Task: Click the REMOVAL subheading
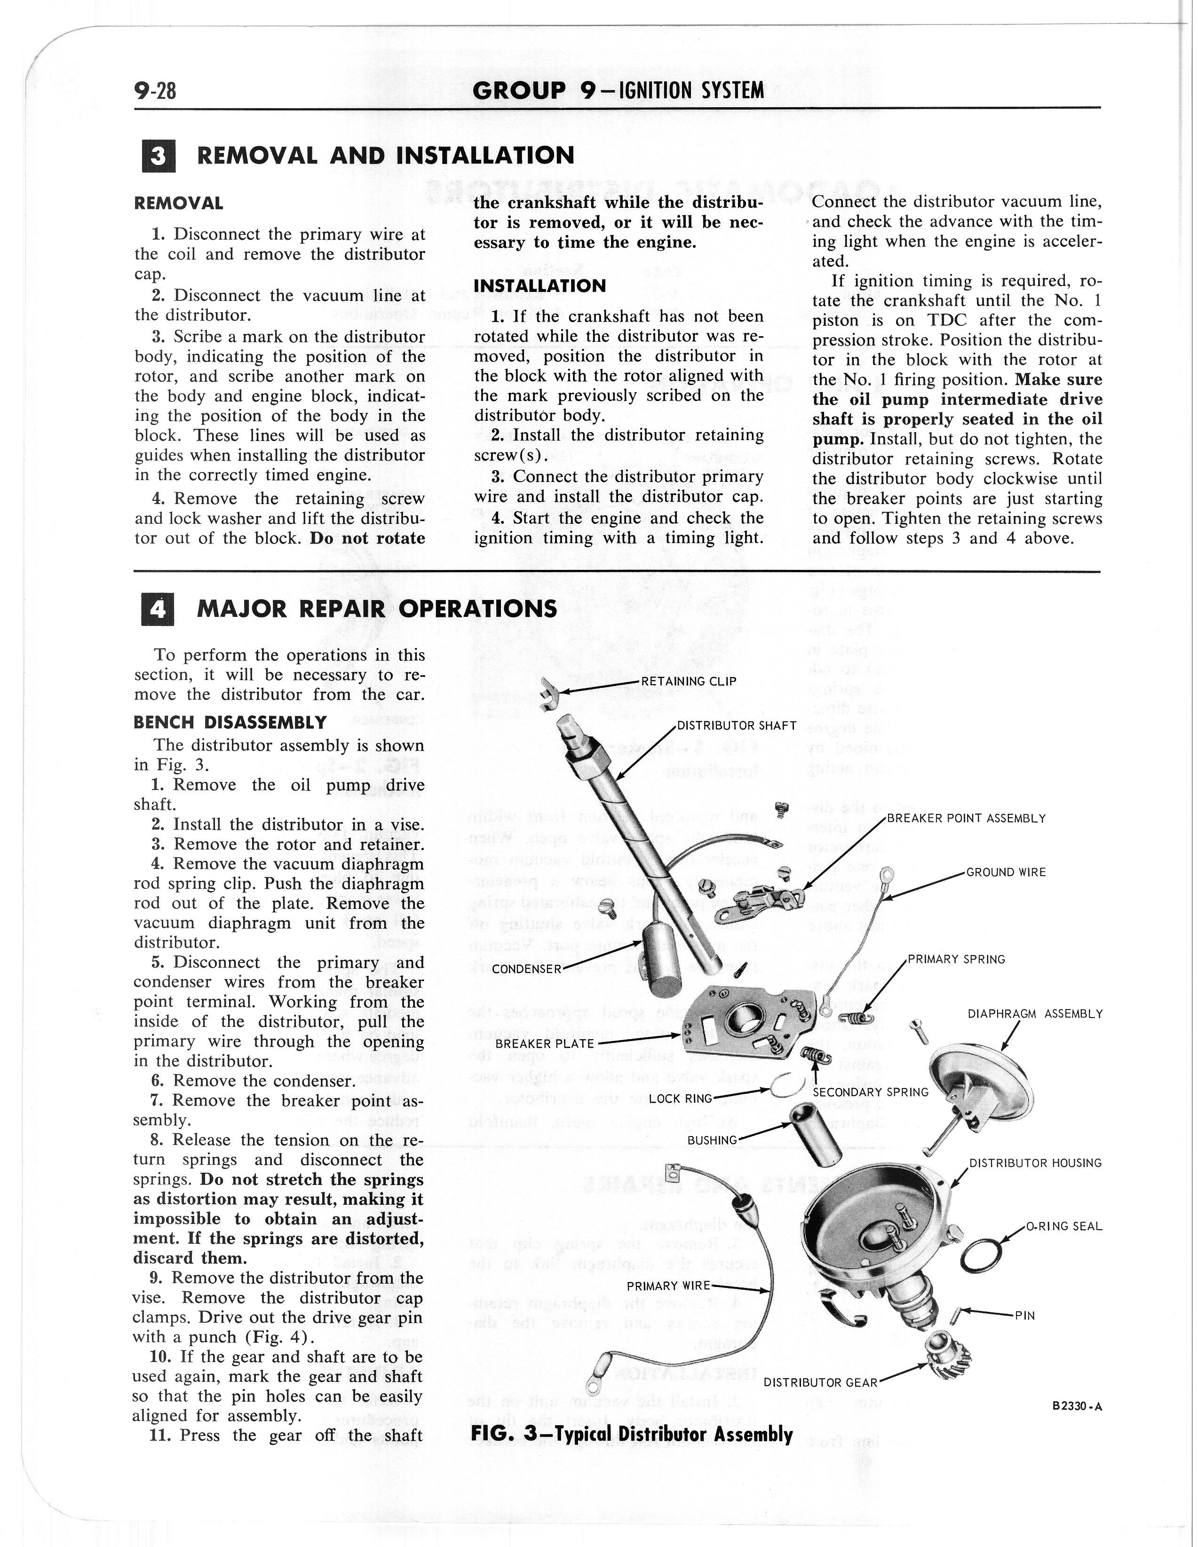tap(179, 203)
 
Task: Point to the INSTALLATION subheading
tap(540, 286)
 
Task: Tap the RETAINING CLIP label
tap(689, 681)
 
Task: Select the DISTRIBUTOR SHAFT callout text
tap(737, 726)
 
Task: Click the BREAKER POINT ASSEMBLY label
tap(966, 819)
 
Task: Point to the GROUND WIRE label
tap(1006, 872)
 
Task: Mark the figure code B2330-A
tap(1079, 1407)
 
